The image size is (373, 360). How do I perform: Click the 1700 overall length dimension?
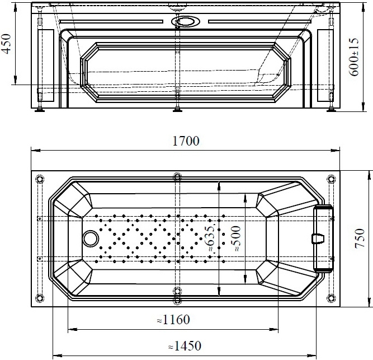[x=186, y=141]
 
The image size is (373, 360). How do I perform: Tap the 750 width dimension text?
[x=360, y=239]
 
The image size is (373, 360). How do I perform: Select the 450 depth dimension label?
[x=6, y=44]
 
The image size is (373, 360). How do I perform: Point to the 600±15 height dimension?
[x=354, y=57]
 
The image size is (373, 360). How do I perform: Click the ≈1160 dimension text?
[x=173, y=320]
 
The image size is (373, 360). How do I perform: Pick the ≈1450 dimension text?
[x=185, y=346]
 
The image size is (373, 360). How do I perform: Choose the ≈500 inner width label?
[x=236, y=239]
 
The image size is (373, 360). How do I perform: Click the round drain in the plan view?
[x=91, y=239]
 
